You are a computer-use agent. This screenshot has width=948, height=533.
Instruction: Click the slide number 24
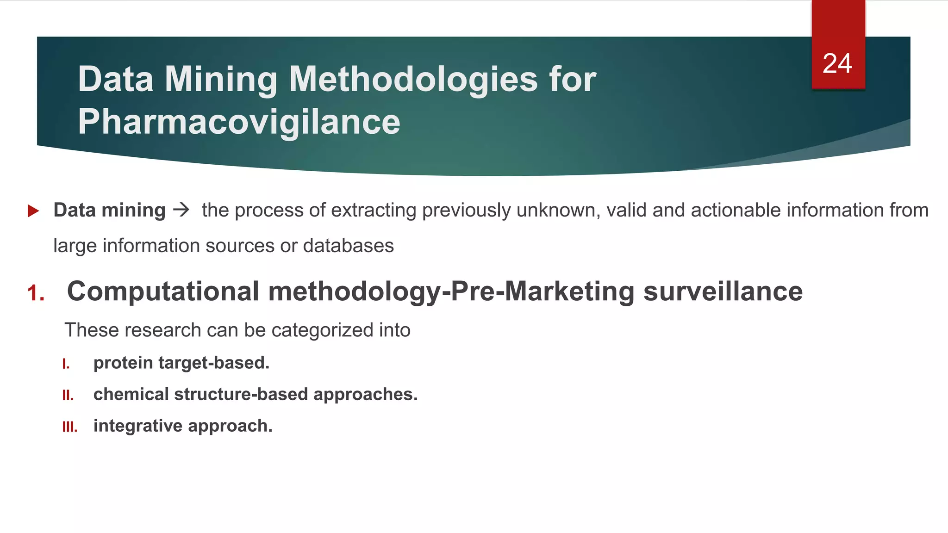837,63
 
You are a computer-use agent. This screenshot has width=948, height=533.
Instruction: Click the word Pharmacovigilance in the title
239,122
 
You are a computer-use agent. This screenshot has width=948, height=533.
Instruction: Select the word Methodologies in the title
413,80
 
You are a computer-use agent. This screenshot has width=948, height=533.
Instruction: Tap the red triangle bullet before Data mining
33,211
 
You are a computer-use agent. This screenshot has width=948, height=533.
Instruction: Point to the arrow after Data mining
181,210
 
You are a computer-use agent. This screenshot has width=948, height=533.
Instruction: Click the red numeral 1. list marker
36,293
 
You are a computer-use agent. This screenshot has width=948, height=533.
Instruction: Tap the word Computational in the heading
163,291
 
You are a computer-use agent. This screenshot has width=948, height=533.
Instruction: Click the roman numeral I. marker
66,364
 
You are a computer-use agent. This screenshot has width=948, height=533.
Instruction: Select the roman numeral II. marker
68,396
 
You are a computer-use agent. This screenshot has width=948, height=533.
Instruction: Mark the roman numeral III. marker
70,427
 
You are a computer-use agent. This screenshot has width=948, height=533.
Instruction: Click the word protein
123,363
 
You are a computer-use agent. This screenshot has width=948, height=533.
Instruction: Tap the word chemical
131,394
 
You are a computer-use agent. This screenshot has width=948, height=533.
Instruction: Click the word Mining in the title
221,80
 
